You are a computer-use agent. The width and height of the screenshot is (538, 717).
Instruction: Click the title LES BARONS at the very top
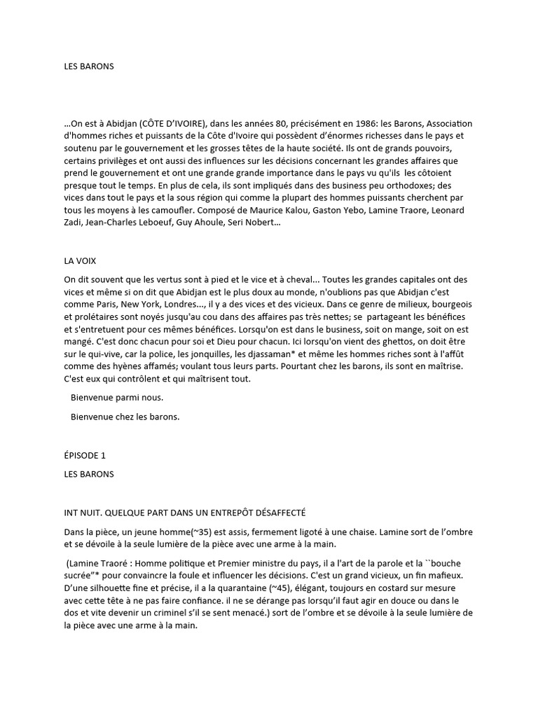tap(88, 67)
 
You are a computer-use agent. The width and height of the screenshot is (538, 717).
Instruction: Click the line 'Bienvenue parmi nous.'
tap(117, 398)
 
